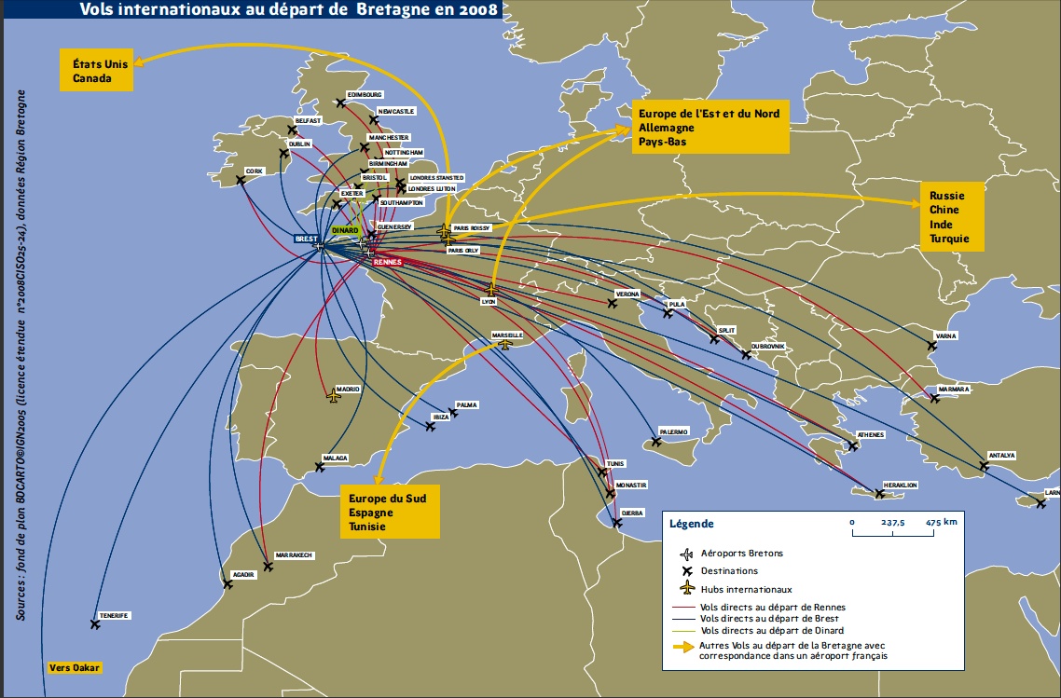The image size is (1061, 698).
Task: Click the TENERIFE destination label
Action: tap(115, 615)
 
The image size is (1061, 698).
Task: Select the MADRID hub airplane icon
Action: tap(334, 397)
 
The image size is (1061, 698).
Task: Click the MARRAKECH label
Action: tap(295, 555)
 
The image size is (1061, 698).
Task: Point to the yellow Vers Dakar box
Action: tap(74, 667)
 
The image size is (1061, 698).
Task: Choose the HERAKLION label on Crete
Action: tap(900, 486)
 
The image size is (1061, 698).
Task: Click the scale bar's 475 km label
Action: tap(941, 523)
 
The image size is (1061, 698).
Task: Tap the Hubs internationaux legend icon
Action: tap(688, 588)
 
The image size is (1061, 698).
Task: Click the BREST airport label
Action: tap(306, 240)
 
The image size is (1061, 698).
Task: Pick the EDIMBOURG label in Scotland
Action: tap(365, 94)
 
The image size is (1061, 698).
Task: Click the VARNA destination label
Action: tap(945, 335)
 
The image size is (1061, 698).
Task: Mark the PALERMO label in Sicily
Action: tap(673, 431)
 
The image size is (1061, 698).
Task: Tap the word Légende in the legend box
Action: tap(692, 524)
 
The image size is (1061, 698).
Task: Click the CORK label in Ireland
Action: tap(255, 171)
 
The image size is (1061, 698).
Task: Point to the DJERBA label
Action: tap(632, 513)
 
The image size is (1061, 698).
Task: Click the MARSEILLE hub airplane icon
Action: tap(505, 344)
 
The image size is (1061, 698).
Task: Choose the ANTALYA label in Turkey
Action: tap(1000, 456)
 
